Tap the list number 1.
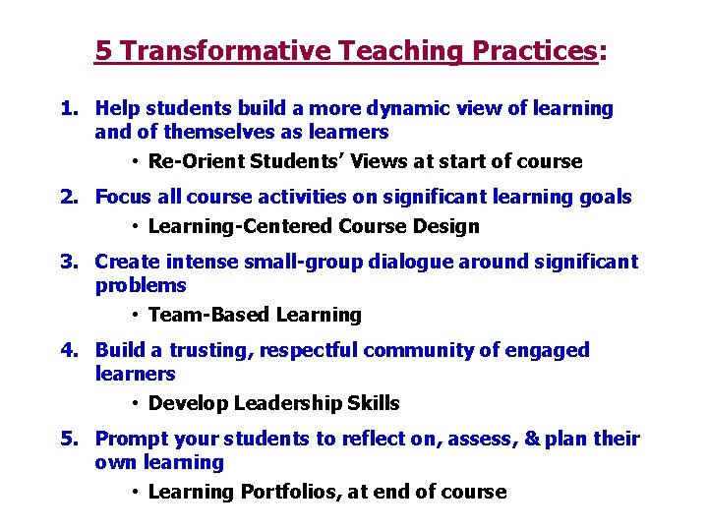click(x=67, y=109)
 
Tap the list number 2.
click(x=67, y=198)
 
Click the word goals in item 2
click(x=607, y=198)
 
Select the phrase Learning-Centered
click(x=240, y=227)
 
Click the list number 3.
click(x=67, y=263)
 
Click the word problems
click(x=141, y=286)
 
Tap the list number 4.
click(x=67, y=351)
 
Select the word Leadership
click(x=291, y=404)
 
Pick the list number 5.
click(x=67, y=440)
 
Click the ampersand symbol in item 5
click(x=532, y=440)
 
